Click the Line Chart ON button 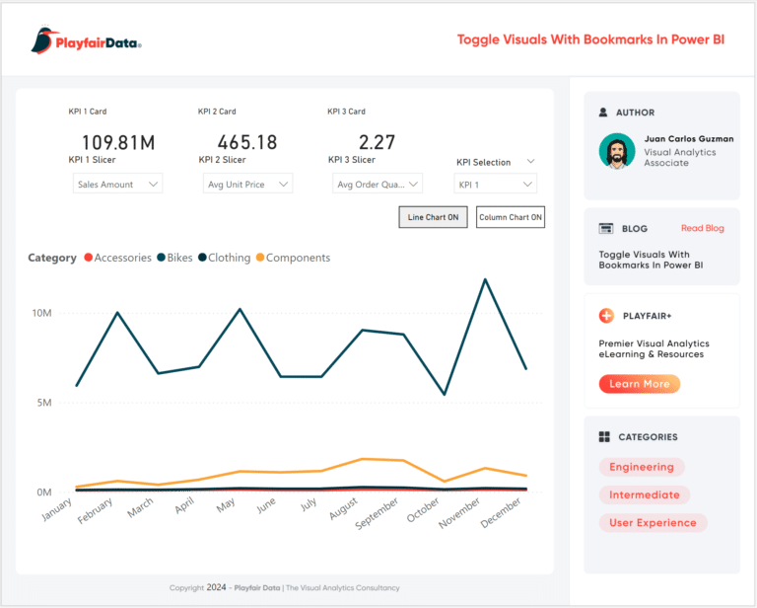[433, 217]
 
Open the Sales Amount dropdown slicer [117, 184]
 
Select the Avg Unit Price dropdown [248, 184]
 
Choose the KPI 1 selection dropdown [495, 184]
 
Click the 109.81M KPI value [117, 143]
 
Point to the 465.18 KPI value [247, 143]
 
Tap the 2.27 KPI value [377, 143]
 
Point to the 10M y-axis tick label [42, 313]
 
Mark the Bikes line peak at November [484, 279]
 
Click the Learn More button [639, 384]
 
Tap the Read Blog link [702, 228]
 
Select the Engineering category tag [641, 467]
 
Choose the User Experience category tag [652, 523]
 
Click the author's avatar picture [617, 152]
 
